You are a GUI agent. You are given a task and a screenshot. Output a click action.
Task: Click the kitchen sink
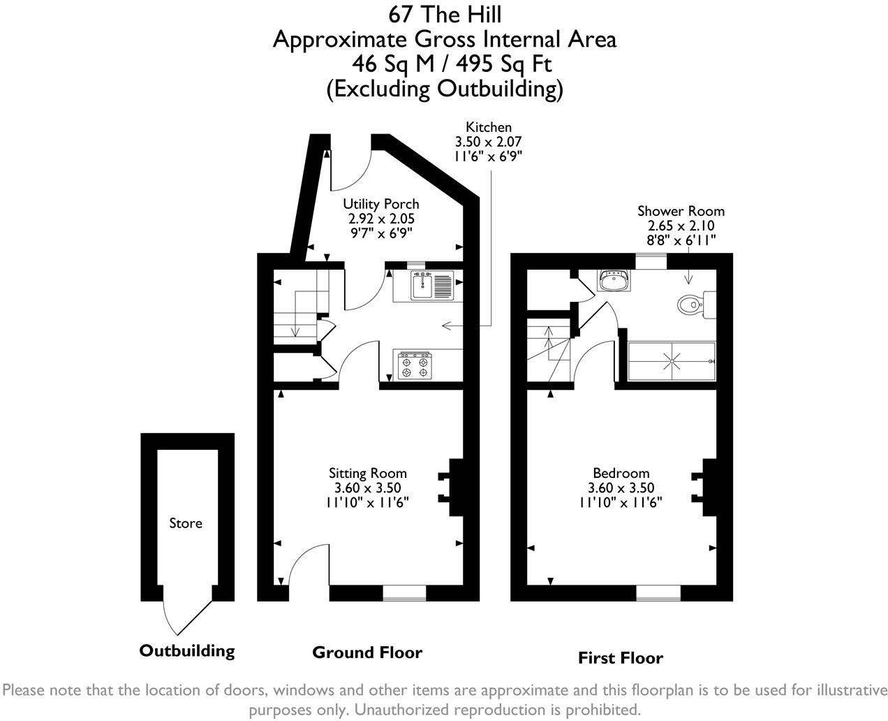pyautogui.click(x=423, y=286)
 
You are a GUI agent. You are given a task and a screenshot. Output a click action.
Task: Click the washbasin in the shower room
pyautogui.click(x=614, y=282)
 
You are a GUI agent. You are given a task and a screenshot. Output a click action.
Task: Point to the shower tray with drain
pyautogui.click(x=672, y=361)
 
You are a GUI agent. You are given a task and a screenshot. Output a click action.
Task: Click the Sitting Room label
pyautogui.click(x=367, y=473)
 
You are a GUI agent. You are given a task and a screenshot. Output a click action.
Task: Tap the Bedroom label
pyautogui.click(x=621, y=473)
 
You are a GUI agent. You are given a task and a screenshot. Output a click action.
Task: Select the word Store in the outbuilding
pyautogui.click(x=186, y=523)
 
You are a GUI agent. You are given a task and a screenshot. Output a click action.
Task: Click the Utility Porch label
pyautogui.click(x=380, y=204)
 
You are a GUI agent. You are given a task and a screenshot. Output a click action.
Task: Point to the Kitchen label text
pyautogui.click(x=489, y=127)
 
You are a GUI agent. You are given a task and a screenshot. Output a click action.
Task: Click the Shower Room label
pyautogui.click(x=681, y=211)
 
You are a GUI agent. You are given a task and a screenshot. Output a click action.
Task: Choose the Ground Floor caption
pyautogui.click(x=367, y=653)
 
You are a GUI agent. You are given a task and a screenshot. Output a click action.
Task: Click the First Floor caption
pyautogui.click(x=620, y=658)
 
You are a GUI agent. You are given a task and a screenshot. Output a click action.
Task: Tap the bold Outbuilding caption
pyautogui.click(x=186, y=651)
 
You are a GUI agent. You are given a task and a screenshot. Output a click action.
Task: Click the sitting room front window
pyautogui.click(x=404, y=593)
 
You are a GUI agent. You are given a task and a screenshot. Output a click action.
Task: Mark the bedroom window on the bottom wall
pyautogui.click(x=658, y=593)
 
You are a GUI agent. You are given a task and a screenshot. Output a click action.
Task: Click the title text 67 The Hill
pyautogui.click(x=444, y=13)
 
